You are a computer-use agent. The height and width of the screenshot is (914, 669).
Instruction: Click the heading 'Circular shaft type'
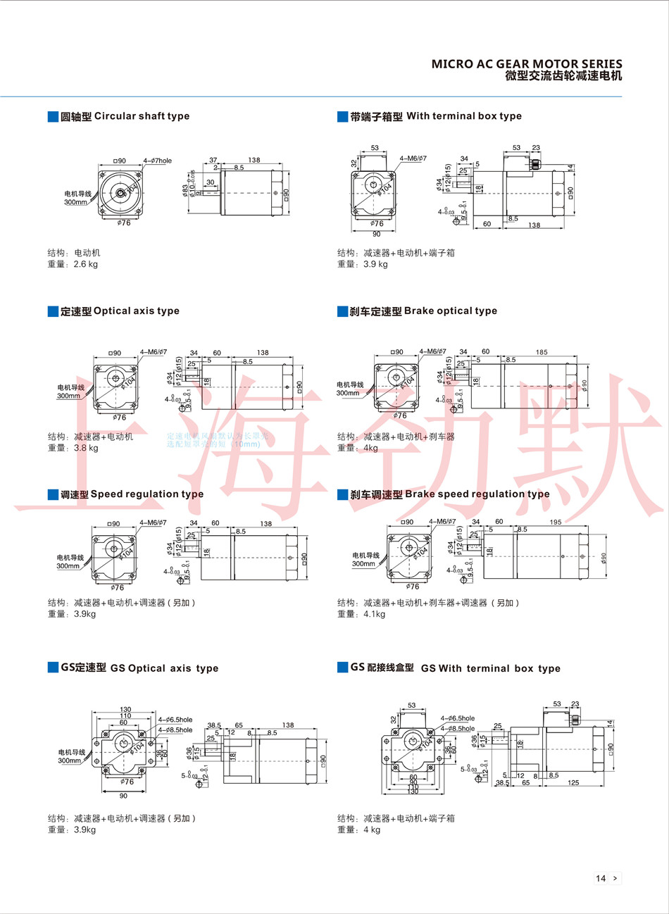[x=141, y=116]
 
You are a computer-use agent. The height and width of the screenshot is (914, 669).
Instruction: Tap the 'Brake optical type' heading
[x=450, y=311]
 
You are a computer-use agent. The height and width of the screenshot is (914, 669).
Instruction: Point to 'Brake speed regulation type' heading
[x=477, y=494]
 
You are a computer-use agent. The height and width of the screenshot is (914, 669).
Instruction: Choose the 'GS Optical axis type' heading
[x=163, y=668]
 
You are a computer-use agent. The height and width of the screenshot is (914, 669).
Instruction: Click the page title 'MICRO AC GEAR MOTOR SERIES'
[x=527, y=64]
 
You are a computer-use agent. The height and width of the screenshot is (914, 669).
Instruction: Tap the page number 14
[x=601, y=878]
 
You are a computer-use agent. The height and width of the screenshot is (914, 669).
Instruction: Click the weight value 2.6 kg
[x=86, y=264]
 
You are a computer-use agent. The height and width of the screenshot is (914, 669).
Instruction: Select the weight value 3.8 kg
[x=86, y=448]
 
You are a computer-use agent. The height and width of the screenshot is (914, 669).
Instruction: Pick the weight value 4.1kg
[x=374, y=614]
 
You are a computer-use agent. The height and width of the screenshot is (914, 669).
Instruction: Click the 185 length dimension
[x=542, y=352]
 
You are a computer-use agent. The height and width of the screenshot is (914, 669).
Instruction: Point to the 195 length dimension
[x=556, y=522]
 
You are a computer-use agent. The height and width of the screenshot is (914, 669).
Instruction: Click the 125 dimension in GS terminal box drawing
[x=573, y=783]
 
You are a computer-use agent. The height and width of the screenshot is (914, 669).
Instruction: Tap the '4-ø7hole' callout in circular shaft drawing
[x=157, y=161]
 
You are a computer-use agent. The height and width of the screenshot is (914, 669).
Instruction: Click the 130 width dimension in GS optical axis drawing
[x=125, y=710]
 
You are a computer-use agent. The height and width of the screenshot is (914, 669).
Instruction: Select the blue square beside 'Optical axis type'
[x=53, y=311]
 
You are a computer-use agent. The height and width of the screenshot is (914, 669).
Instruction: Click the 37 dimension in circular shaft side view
[x=213, y=161]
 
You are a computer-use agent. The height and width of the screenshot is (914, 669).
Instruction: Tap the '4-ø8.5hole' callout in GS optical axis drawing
[x=175, y=730]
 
